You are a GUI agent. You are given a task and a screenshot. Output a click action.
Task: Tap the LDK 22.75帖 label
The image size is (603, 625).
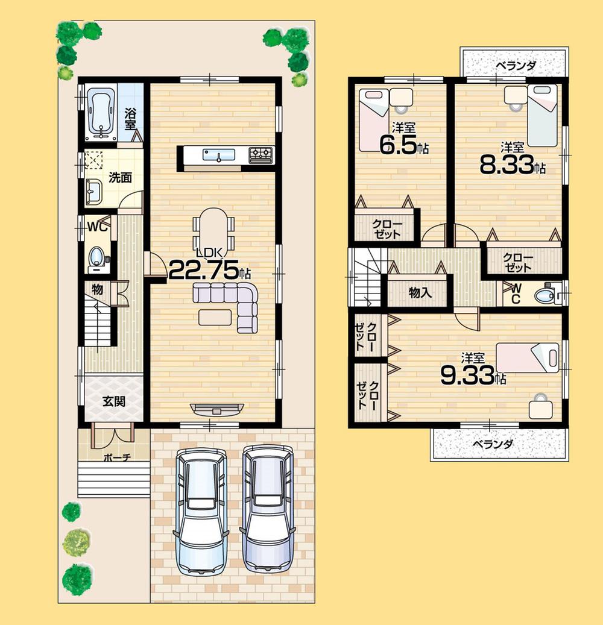[x=209, y=269]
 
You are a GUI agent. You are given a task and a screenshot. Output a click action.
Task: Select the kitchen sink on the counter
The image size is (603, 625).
[x=218, y=155]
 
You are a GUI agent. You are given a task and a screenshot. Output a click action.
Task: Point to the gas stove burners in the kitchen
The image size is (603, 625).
[x=260, y=155]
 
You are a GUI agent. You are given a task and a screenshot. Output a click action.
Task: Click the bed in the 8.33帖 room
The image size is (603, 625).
[x=543, y=115]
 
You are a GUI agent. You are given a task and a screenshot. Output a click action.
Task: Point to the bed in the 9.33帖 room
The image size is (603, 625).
[x=528, y=357]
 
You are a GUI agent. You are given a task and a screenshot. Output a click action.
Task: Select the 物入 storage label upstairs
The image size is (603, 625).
[x=420, y=293]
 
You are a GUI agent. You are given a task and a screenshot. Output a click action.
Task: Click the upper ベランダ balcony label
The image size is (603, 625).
[x=516, y=66]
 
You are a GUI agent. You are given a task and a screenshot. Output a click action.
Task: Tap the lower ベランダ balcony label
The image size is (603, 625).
[x=492, y=445]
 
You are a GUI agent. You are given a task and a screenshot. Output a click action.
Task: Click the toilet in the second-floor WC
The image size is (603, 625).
[x=546, y=296]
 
